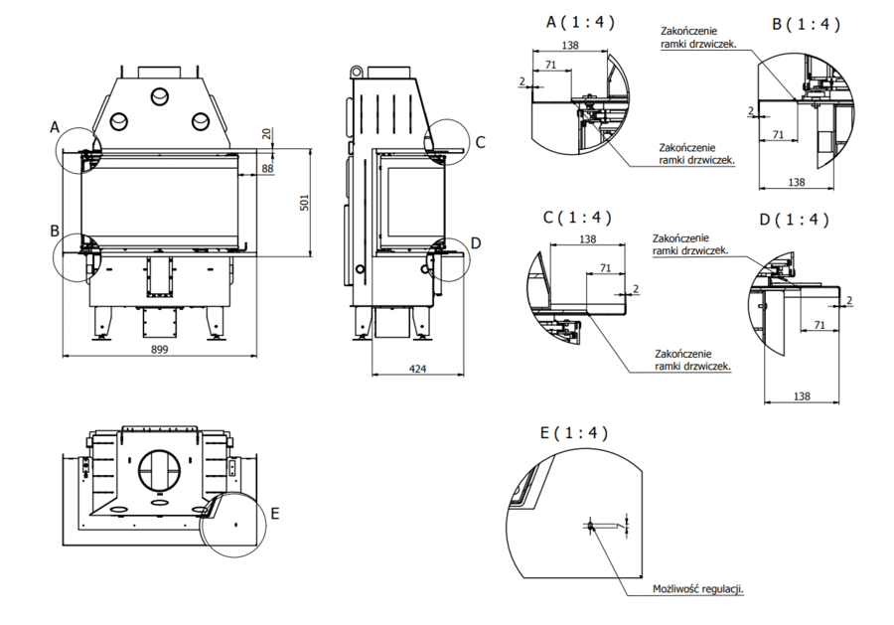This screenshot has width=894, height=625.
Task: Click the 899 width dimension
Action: coord(161,349)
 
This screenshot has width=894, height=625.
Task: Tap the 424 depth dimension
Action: coord(417,370)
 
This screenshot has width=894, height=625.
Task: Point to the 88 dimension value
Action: coord(267,170)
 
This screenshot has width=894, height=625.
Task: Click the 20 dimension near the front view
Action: coord(265,134)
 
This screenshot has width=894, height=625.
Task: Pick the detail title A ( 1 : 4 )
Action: coord(581,22)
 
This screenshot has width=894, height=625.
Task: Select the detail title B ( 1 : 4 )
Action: coord(807,24)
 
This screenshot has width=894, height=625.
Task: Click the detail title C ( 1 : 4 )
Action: coord(577,217)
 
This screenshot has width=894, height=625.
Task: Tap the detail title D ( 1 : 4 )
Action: coord(794,220)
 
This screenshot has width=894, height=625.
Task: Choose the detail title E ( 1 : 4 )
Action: coord(573,433)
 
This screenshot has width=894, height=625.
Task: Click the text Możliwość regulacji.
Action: coord(697,589)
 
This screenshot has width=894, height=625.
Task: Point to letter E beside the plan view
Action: coord(275,513)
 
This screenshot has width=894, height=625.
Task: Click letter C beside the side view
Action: coord(480,141)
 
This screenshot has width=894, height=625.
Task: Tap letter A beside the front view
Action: coord(56,126)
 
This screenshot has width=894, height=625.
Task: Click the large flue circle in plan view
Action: coord(161,468)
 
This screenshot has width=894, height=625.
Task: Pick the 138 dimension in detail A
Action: coord(569,46)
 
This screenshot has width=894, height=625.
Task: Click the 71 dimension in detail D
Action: coord(819,325)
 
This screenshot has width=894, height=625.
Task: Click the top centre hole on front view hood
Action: coord(159,96)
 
